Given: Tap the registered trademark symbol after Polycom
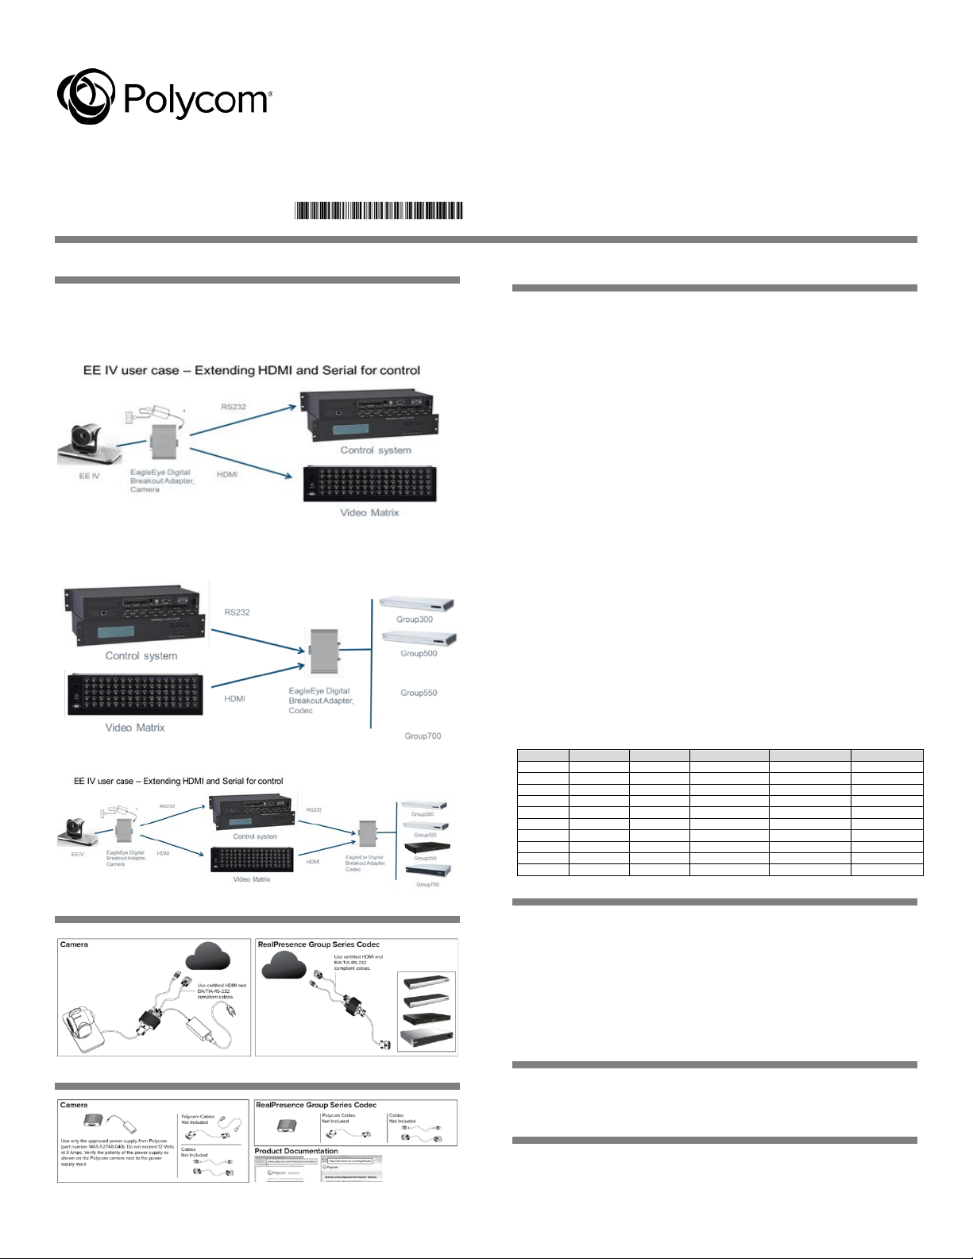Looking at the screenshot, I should coord(270,93).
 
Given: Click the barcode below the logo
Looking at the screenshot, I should coord(379,210).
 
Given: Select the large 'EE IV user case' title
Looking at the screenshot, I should coord(252,370).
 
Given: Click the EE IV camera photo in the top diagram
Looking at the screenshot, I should coord(88,443).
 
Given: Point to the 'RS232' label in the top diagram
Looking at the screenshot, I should coord(234,407).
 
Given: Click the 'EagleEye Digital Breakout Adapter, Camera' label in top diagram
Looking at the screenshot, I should coord(160,481).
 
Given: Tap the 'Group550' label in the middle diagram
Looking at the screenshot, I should coord(419,693).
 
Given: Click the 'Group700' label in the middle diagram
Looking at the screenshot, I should coord(423,736).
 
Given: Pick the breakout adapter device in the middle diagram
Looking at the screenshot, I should coord(324,651).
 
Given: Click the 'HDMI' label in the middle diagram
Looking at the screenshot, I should coord(234,699).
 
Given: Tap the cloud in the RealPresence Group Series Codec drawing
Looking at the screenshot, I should coord(284,964).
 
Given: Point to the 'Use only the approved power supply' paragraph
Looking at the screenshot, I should coord(117,1153).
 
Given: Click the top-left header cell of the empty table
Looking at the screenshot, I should coord(542,755).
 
